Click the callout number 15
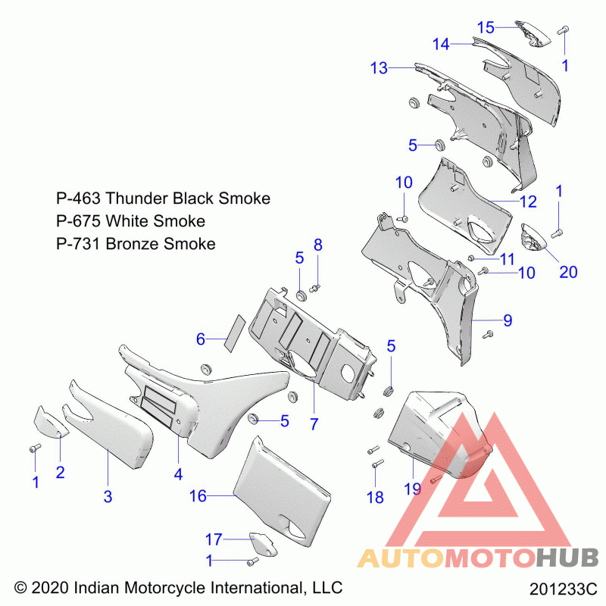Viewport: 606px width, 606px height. (x=486, y=27)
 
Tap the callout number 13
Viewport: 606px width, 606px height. (x=379, y=68)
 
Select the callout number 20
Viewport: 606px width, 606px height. (x=568, y=272)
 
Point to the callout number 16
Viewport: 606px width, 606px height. (x=198, y=496)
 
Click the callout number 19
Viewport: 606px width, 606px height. (x=412, y=489)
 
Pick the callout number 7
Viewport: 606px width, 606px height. (x=314, y=424)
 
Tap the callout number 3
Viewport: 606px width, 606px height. (x=108, y=497)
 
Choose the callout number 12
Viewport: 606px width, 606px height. (x=528, y=201)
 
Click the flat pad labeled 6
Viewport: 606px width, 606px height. (x=236, y=333)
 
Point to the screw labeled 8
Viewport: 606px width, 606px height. (x=315, y=288)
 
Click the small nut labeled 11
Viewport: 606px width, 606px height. (x=470, y=258)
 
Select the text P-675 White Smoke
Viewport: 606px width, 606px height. (x=130, y=221)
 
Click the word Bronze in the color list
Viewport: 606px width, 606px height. (x=131, y=244)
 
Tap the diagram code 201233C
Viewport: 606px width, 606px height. (x=563, y=589)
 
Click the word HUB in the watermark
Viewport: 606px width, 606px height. (x=567, y=558)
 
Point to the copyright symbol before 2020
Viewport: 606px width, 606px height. (x=20, y=588)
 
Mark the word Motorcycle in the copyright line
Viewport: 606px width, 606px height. (x=165, y=588)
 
